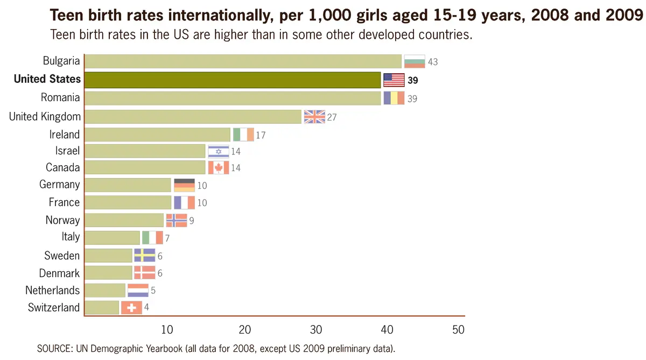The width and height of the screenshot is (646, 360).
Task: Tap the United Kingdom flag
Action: click(314, 117)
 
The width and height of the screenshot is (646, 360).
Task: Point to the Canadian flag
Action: click(219, 168)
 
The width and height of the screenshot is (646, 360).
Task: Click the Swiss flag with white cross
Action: click(131, 308)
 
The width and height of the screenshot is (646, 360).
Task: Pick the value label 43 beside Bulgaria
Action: click(433, 62)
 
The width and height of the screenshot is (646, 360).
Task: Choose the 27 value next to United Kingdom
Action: click(332, 117)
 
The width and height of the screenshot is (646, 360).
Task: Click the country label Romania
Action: click(60, 97)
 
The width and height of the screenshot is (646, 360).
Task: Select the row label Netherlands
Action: click(52, 291)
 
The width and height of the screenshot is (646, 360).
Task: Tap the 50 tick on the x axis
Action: click(458, 330)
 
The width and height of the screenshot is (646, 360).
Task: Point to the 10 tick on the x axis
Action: click(167, 330)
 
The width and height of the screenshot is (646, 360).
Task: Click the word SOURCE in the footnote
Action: click(53, 348)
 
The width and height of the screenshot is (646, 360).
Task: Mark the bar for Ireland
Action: click(158, 135)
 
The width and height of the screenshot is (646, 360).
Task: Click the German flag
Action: click(184, 185)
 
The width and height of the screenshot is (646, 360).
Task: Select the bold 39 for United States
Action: click(413, 81)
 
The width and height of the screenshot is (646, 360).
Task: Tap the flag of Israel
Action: click(219, 151)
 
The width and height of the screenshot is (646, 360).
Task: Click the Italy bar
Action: click(113, 237)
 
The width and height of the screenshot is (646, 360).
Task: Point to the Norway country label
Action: click(62, 220)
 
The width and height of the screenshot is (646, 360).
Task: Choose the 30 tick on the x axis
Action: click(315, 330)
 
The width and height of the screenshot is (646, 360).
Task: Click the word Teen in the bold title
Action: click(67, 16)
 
